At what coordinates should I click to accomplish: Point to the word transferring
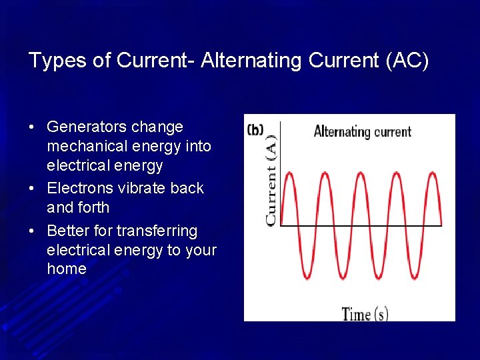(x=157, y=231)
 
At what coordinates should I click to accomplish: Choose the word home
(x=67, y=269)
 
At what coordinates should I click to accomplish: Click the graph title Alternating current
(x=362, y=131)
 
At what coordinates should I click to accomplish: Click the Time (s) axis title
(x=365, y=313)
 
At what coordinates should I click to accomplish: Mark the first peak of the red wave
(x=290, y=173)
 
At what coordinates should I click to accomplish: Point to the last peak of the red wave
(x=433, y=173)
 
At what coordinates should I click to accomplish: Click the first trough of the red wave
(x=307, y=278)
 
